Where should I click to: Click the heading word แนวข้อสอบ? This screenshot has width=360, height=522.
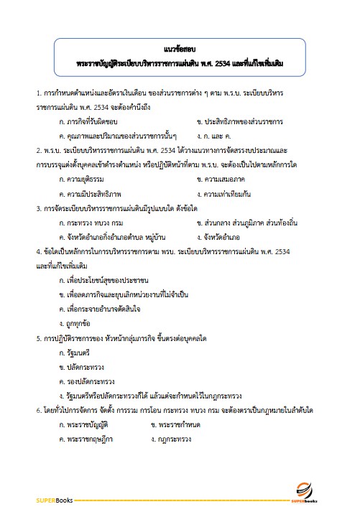180,49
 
